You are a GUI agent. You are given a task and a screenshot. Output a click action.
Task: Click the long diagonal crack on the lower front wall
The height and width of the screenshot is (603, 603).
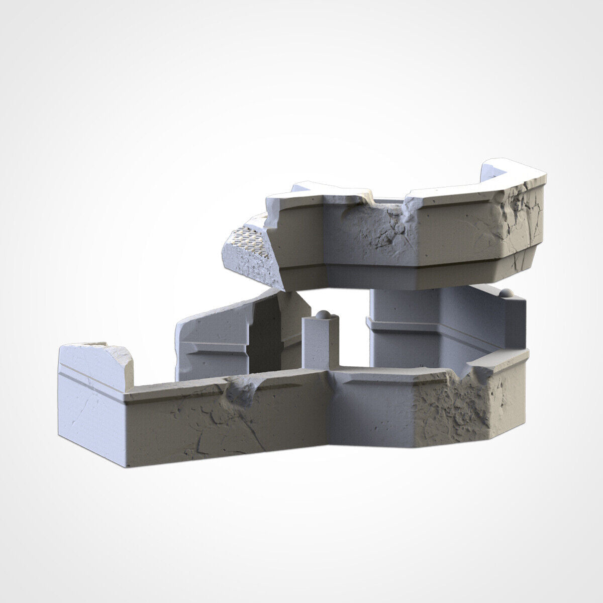[x=251, y=432]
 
